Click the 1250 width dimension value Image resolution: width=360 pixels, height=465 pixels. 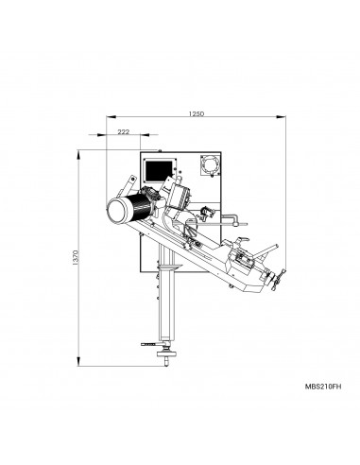[x=197, y=113]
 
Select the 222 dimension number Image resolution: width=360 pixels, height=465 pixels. [x=123, y=131]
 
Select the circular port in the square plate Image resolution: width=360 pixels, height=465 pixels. [x=209, y=165]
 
